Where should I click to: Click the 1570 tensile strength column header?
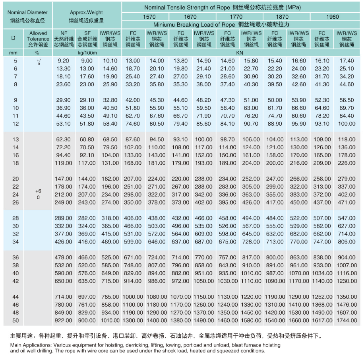(146, 17)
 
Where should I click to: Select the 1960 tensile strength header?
(333, 17)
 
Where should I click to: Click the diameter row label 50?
(15, 321)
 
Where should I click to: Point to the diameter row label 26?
(15, 202)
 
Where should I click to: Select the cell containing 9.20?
(64, 61)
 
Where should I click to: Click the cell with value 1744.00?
(346, 321)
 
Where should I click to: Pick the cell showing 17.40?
(346, 61)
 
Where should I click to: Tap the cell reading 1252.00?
(322, 297)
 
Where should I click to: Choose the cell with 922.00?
(64, 321)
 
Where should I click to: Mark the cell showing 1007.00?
(346, 265)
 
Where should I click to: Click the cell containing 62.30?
(64, 140)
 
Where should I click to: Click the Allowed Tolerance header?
(38, 39)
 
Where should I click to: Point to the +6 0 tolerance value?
(38, 194)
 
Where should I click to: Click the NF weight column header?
(64, 39)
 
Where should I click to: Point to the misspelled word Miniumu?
(164, 24)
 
